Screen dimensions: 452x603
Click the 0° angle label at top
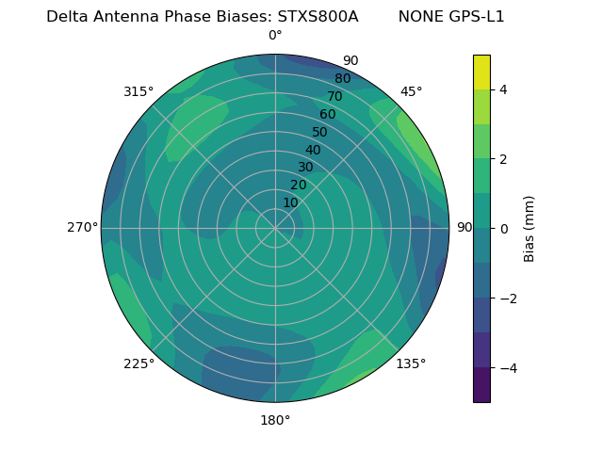tap(275, 36)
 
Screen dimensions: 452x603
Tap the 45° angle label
tap(411, 91)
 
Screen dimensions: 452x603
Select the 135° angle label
tap(411, 363)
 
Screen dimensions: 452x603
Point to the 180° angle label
tap(275, 420)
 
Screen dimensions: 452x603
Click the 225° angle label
tap(139, 364)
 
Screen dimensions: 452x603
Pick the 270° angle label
tap(82, 228)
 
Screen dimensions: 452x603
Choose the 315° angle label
tap(139, 91)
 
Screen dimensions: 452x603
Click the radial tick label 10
tap(290, 202)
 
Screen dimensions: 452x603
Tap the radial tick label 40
tap(313, 151)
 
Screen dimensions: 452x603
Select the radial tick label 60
tap(327, 115)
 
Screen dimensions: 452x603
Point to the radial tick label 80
tap(342, 79)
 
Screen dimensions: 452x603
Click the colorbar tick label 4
tap(503, 89)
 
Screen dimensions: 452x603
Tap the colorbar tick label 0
tap(503, 229)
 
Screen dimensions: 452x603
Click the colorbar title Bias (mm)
tap(530, 229)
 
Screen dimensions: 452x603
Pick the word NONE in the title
tap(418, 17)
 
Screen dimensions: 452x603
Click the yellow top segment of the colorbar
tap(481, 72)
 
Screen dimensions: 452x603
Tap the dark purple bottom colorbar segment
tap(481, 385)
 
